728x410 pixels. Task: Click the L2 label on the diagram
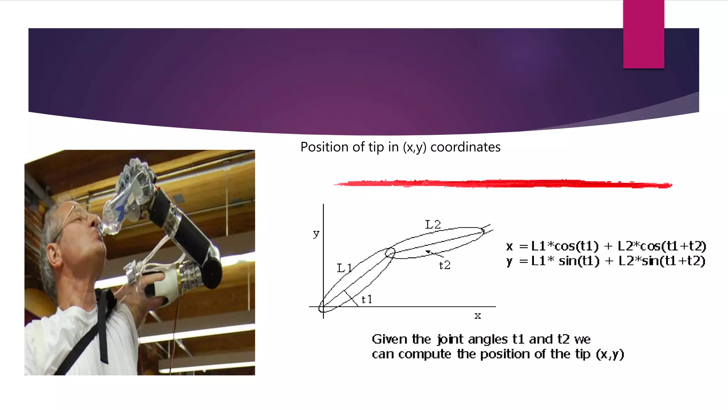[x=433, y=225]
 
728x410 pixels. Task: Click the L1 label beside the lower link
[x=344, y=268]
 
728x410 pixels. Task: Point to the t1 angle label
[x=366, y=299]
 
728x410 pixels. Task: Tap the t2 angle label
[x=445, y=265]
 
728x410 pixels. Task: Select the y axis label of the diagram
[x=316, y=233]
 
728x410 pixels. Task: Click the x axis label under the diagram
[x=477, y=315]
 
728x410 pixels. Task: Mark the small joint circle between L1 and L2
[x=390, y=253]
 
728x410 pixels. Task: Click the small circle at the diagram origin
[x=322, y=307]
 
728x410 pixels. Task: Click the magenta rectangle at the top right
[x=643, y=34]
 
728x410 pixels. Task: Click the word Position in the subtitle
[x=324, y=147]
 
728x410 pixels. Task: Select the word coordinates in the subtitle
[x=465, y=147]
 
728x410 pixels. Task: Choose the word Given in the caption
[x=390, y=339]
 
